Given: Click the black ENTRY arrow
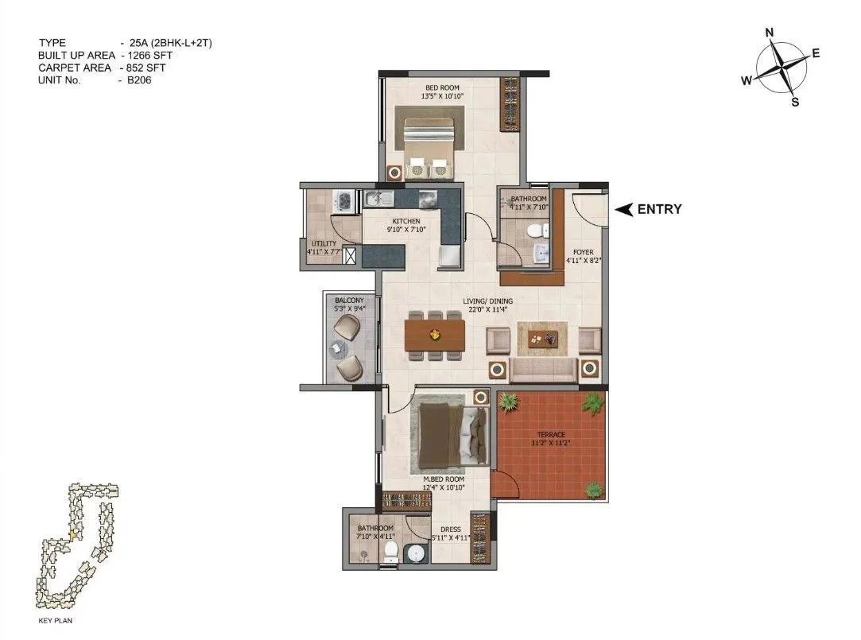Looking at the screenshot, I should [x=625, y=209].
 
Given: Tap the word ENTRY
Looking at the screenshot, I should [x=659, y=209].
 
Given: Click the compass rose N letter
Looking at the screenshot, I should [x=769, y=33].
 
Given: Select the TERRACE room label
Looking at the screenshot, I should [x=550, y=435].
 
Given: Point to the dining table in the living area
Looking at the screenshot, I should [x=434, y=335].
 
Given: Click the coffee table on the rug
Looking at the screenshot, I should [x=543, y=339].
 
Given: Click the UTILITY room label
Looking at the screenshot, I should [x=323, y=243].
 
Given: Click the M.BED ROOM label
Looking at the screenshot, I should [x=444, y=480].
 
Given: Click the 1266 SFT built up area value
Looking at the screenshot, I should [x=157, y=56].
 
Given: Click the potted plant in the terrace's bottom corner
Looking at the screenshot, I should [x=592, y=489].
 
